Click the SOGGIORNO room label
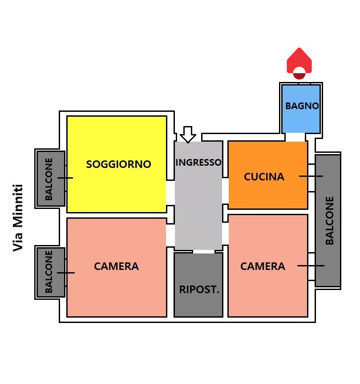point(119,164)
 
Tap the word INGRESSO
point(198,162)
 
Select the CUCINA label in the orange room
point(264,177)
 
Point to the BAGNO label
point(302,106)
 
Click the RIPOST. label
point(199,290)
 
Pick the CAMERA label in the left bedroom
point(117,266)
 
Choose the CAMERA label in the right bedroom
point(263,266)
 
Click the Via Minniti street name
point(18,218)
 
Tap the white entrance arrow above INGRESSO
point(188,135)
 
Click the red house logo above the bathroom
point(299,63)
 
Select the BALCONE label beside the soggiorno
point(49,179)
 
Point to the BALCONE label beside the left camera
point(49,272)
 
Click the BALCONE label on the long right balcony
point(330,221)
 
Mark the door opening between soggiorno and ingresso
point(170,193)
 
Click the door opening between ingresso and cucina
point(226,191)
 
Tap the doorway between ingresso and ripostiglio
point(204,252)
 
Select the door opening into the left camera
point(170,235)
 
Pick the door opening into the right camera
point(226,233)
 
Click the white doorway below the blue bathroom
point(295,137)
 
